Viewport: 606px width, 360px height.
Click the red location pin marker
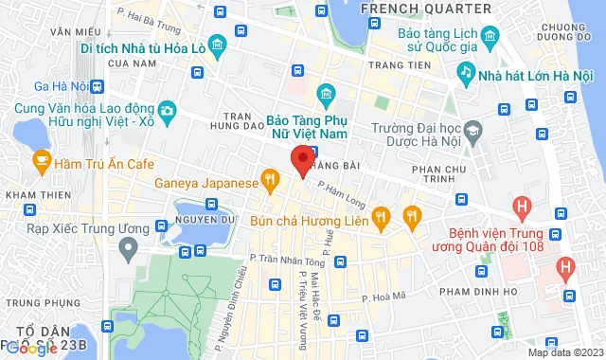tap(302, 161)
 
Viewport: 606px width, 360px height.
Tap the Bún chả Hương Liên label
tap(309, 219)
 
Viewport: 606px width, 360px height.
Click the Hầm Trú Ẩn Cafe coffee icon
tap(42, 163)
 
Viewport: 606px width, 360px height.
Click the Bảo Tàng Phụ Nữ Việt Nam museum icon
tap(327, 93)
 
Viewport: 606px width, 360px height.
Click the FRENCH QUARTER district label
tap(425, 9)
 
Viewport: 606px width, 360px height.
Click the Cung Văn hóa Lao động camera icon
tap(169, 110)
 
